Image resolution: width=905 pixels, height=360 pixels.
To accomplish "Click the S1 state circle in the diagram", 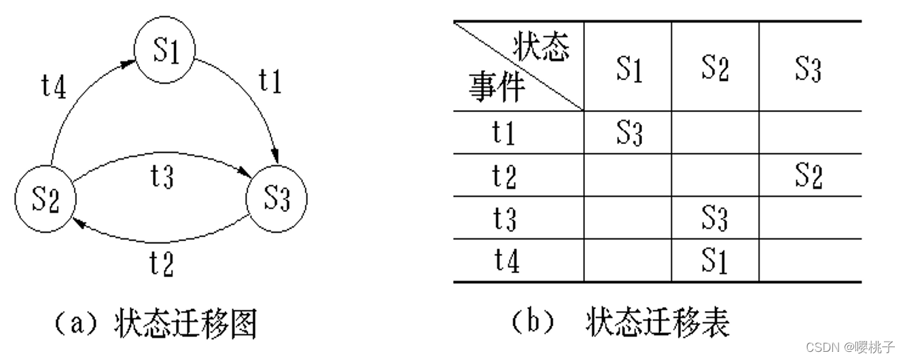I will point(165,52).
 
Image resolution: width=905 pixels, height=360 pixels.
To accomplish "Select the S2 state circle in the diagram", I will point(46,199).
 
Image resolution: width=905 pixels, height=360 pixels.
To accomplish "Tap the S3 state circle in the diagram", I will point(276,199).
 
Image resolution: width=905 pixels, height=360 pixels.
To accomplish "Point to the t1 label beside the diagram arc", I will point(270,82).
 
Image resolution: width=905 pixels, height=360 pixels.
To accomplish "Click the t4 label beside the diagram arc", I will point(54,87).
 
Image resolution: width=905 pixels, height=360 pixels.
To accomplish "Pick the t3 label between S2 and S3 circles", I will point(162,177).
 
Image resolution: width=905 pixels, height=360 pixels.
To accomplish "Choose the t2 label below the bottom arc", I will point(161,263).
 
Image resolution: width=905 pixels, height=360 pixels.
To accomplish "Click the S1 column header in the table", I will point(629,69).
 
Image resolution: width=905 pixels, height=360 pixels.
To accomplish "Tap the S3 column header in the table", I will point(808,69).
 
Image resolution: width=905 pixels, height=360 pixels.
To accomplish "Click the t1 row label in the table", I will point(504,133).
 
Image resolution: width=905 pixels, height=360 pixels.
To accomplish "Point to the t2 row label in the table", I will point(504,176).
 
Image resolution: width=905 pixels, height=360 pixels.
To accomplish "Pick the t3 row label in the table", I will point(504,219).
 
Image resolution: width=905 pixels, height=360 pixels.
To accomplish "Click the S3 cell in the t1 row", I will point(629,133).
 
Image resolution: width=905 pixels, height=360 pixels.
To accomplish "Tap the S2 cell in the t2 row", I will point(808,176).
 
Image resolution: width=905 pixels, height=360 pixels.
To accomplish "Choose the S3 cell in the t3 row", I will point(715,219).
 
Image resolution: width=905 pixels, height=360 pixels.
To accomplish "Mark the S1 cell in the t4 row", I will point(715,262).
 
